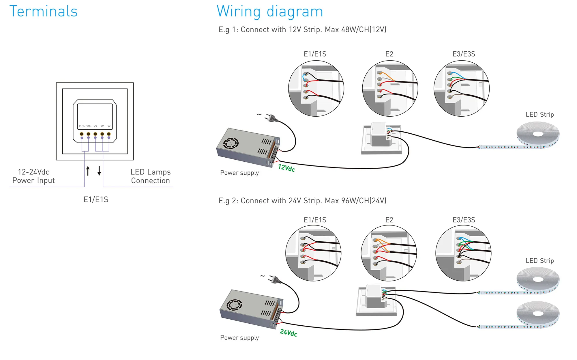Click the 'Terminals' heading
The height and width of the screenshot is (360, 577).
[x=44, y=12]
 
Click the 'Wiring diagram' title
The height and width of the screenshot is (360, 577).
[x=270, y=12]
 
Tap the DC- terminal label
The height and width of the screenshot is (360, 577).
[x=82, y=126]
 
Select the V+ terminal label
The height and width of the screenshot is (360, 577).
[x=95, y=126]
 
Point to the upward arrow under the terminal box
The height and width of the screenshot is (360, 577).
[x=88, y=171]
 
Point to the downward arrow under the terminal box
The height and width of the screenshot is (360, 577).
[x=99, y=171]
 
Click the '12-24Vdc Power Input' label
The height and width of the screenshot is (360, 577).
[x=33, y=176]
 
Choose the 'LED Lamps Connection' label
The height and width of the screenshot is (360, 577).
[x=150, y=176]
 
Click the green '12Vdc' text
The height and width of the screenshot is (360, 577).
[x=286, y=168]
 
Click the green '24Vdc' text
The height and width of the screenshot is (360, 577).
[x=288, y=333]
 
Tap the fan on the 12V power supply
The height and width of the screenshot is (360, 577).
[x=231, y=143]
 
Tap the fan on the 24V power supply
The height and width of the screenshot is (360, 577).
[x=234, y=305]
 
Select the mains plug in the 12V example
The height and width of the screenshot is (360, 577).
[x=271, y=118]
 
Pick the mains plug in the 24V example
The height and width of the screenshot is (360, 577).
[x=275, y=279]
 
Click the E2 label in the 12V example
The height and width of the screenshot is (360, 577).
[x=389, y=54]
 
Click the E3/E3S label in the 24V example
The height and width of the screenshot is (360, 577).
[x=464, y=220]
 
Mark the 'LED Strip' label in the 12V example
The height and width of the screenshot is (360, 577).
[x=539, y=115]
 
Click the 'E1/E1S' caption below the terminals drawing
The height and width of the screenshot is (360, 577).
[x=96, y=199]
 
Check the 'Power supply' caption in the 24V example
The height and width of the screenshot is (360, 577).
[x=239, y=338]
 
